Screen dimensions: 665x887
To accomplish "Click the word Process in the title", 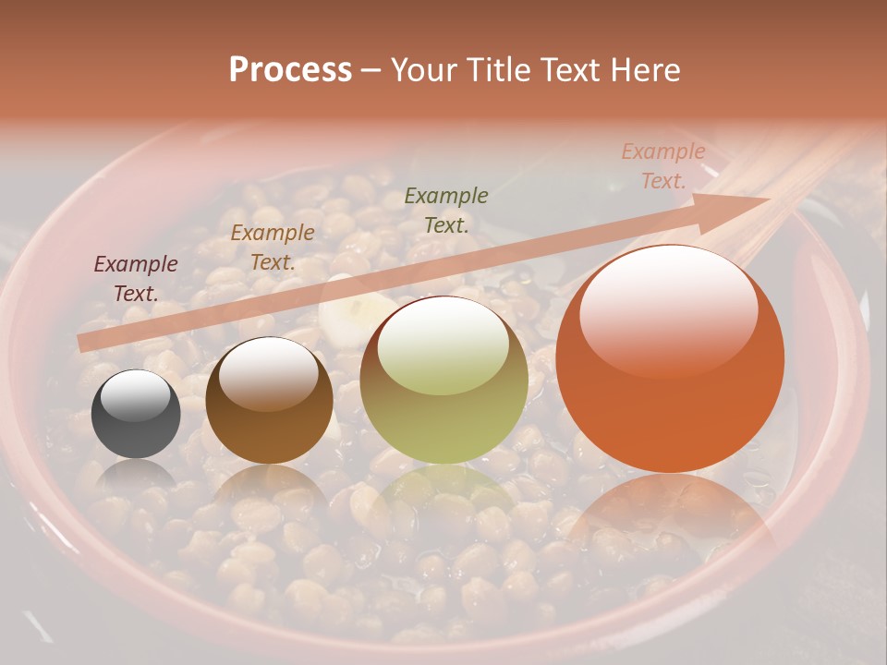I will point(290,70).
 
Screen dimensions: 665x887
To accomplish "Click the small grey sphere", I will point(136,415).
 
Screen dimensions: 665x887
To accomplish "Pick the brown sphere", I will point(269,402).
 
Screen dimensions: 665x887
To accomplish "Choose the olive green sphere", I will point(443,381).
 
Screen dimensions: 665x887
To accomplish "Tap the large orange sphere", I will point(670,360).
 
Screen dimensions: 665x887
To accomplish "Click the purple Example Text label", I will point(136,279).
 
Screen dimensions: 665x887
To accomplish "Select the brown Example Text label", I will point(273,248).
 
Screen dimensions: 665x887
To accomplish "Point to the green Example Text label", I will point(446,210).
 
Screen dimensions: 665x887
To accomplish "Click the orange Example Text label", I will point(663,166).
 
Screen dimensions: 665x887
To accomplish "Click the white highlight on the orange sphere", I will point(668,309).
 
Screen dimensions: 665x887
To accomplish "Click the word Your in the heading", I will point(423,70).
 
